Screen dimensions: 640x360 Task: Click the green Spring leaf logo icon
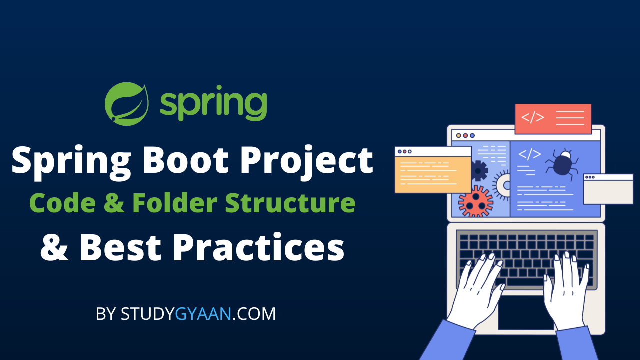(x=127, y=104)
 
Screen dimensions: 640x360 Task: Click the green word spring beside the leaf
(x=213, y=103)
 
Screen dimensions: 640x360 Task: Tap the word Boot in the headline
(x=185, y=160)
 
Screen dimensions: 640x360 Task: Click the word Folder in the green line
(x=175, y=203)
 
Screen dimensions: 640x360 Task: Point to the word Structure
(x=290, y=203)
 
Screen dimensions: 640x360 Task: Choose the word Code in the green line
(x=62, y=203)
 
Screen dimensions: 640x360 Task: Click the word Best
(x=120, y=247)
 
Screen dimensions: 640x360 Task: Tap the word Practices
(x=258, y=247)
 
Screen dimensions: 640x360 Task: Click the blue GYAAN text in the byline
(x=203, y=314)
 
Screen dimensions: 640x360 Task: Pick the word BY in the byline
(x=105, y=314)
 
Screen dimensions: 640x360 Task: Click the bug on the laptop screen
(x=562, y=164)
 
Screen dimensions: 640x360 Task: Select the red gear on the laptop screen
(x=475, y=201)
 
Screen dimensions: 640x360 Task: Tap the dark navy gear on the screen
(x=479, y=171)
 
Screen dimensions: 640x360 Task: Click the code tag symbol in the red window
(x=533, y=117)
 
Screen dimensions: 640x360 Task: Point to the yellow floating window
(x=433, y=170)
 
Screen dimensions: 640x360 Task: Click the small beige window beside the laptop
(x=608, y=189)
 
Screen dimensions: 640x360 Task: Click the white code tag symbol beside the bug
(x=529, y=154)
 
